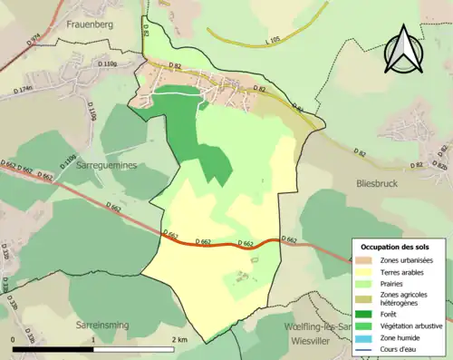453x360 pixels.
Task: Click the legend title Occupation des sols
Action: [397, 247]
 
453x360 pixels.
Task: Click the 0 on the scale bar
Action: [14, 339]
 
